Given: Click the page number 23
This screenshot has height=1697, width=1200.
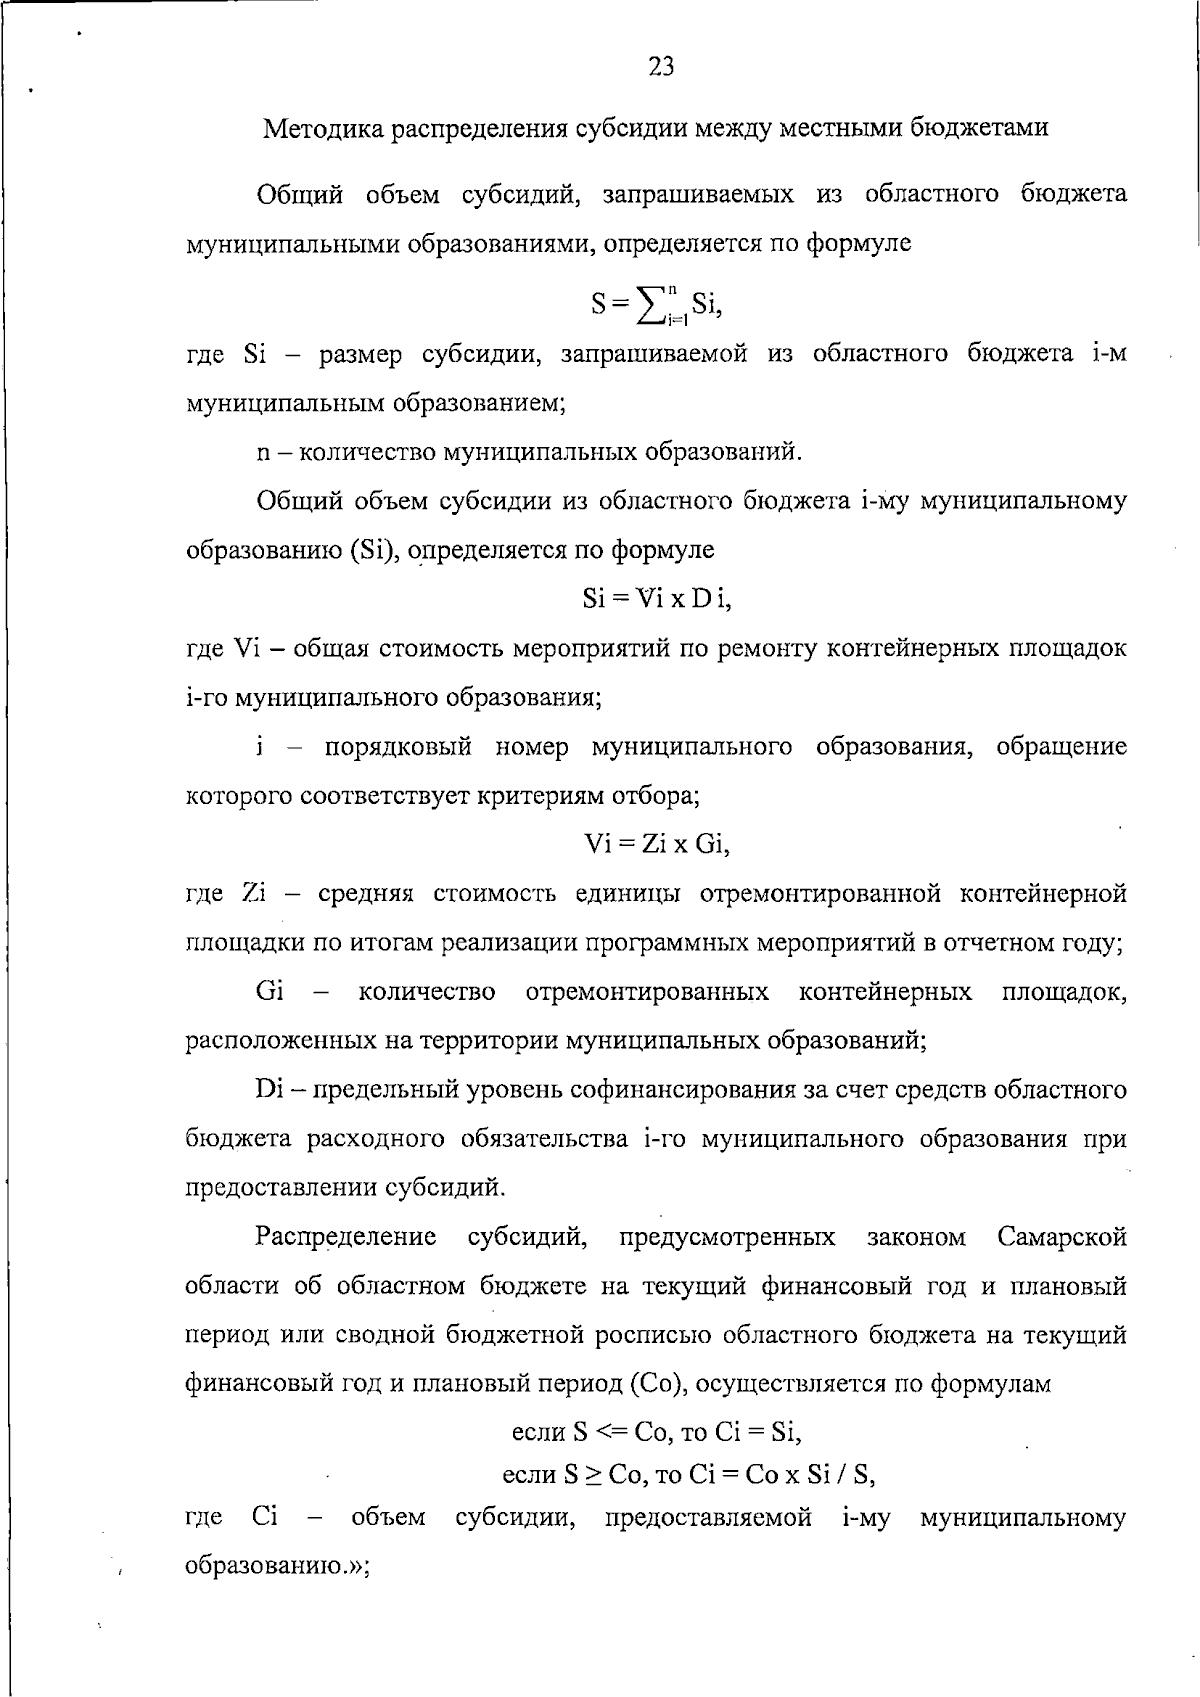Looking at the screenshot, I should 661,67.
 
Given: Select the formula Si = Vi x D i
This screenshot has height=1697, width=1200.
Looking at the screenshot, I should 657,599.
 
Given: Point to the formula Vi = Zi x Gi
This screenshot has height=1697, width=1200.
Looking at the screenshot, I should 657,845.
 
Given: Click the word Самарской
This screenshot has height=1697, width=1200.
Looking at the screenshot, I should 1062,1238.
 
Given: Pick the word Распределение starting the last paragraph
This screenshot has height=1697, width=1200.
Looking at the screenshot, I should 346,1238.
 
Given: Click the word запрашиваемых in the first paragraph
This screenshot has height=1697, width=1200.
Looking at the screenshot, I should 698,194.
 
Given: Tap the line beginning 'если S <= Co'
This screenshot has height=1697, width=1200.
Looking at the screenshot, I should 656,1433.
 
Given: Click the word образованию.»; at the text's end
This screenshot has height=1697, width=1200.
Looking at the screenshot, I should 278,1567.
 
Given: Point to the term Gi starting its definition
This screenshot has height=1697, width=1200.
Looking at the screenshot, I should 270,992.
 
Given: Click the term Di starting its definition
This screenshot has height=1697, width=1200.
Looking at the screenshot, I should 270,1090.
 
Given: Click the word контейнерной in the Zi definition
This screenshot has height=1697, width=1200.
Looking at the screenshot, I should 1043,893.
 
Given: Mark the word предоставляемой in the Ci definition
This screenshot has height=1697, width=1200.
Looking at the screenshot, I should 708,1518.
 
